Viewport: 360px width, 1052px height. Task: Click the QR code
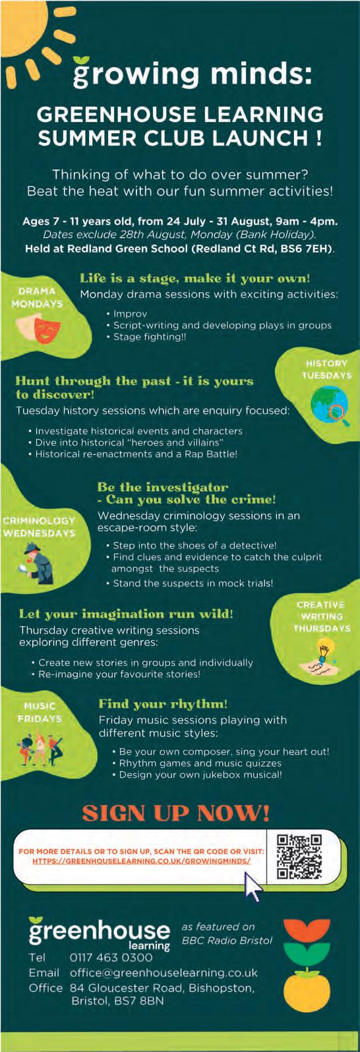[299, 856]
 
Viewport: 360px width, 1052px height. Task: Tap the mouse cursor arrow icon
[253, 886]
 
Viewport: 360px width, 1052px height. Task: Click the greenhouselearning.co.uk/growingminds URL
[142, 861]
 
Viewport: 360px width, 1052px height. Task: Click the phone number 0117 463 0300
[111, 957]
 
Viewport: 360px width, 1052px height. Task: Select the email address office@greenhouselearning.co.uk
[164, 972]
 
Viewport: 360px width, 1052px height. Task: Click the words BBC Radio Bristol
[227, 940]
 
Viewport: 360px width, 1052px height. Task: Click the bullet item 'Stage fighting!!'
[150, 337]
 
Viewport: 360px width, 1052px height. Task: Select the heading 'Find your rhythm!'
[163, 704]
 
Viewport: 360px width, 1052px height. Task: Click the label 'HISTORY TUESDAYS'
[326, 369]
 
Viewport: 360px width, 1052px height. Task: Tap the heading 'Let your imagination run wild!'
[126, 614]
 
